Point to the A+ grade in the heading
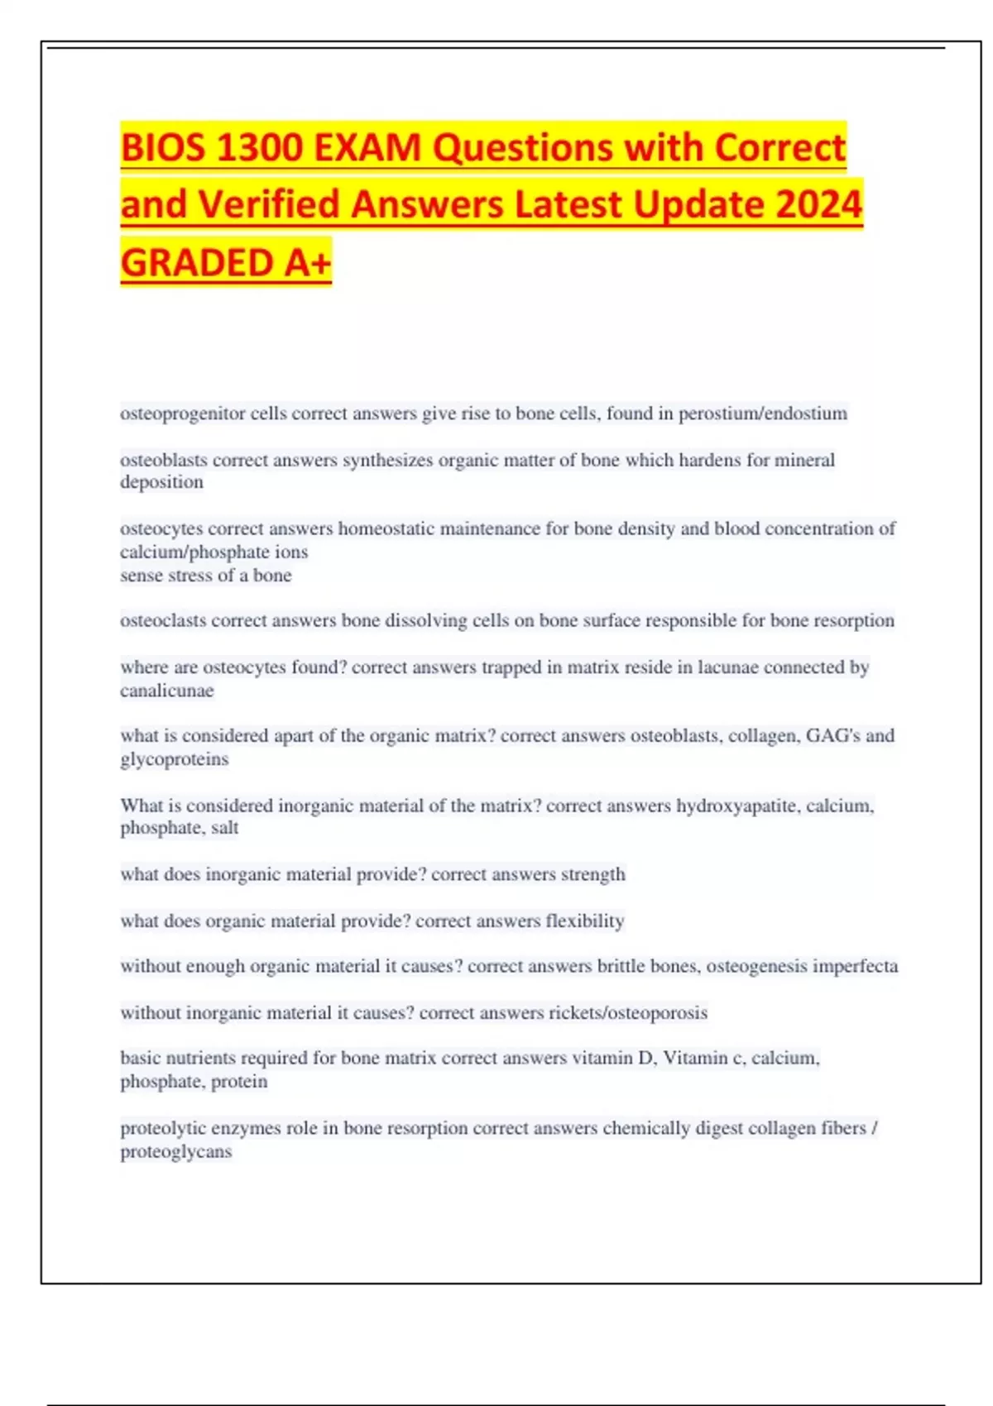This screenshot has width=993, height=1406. point(308,263)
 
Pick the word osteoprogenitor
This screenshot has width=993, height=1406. point(182,414)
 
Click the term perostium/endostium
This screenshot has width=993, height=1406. point(762,414)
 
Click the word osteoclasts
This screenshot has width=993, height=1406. point(163,620)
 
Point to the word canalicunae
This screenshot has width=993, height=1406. point(166,691)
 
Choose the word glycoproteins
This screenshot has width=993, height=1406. point(174,759)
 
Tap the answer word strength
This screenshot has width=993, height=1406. point(592,874)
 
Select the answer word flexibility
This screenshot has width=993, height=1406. point(584,921)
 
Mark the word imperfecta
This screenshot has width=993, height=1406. point(855,966)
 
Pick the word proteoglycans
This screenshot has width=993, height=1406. point(175,1151)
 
